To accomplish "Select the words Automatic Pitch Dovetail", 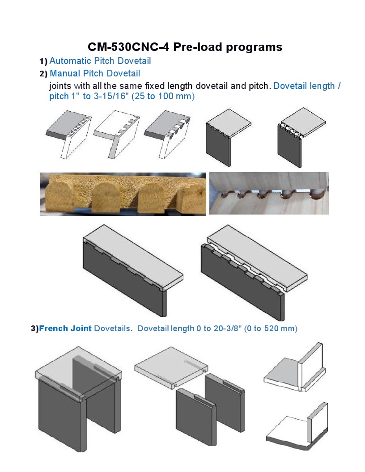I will [100, 61].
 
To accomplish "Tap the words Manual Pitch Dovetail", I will [95, 73].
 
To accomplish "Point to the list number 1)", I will [43, 61].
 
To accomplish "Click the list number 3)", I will [34, 329].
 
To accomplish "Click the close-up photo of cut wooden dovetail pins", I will [123, 194].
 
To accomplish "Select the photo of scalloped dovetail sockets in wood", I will [268, 193].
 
